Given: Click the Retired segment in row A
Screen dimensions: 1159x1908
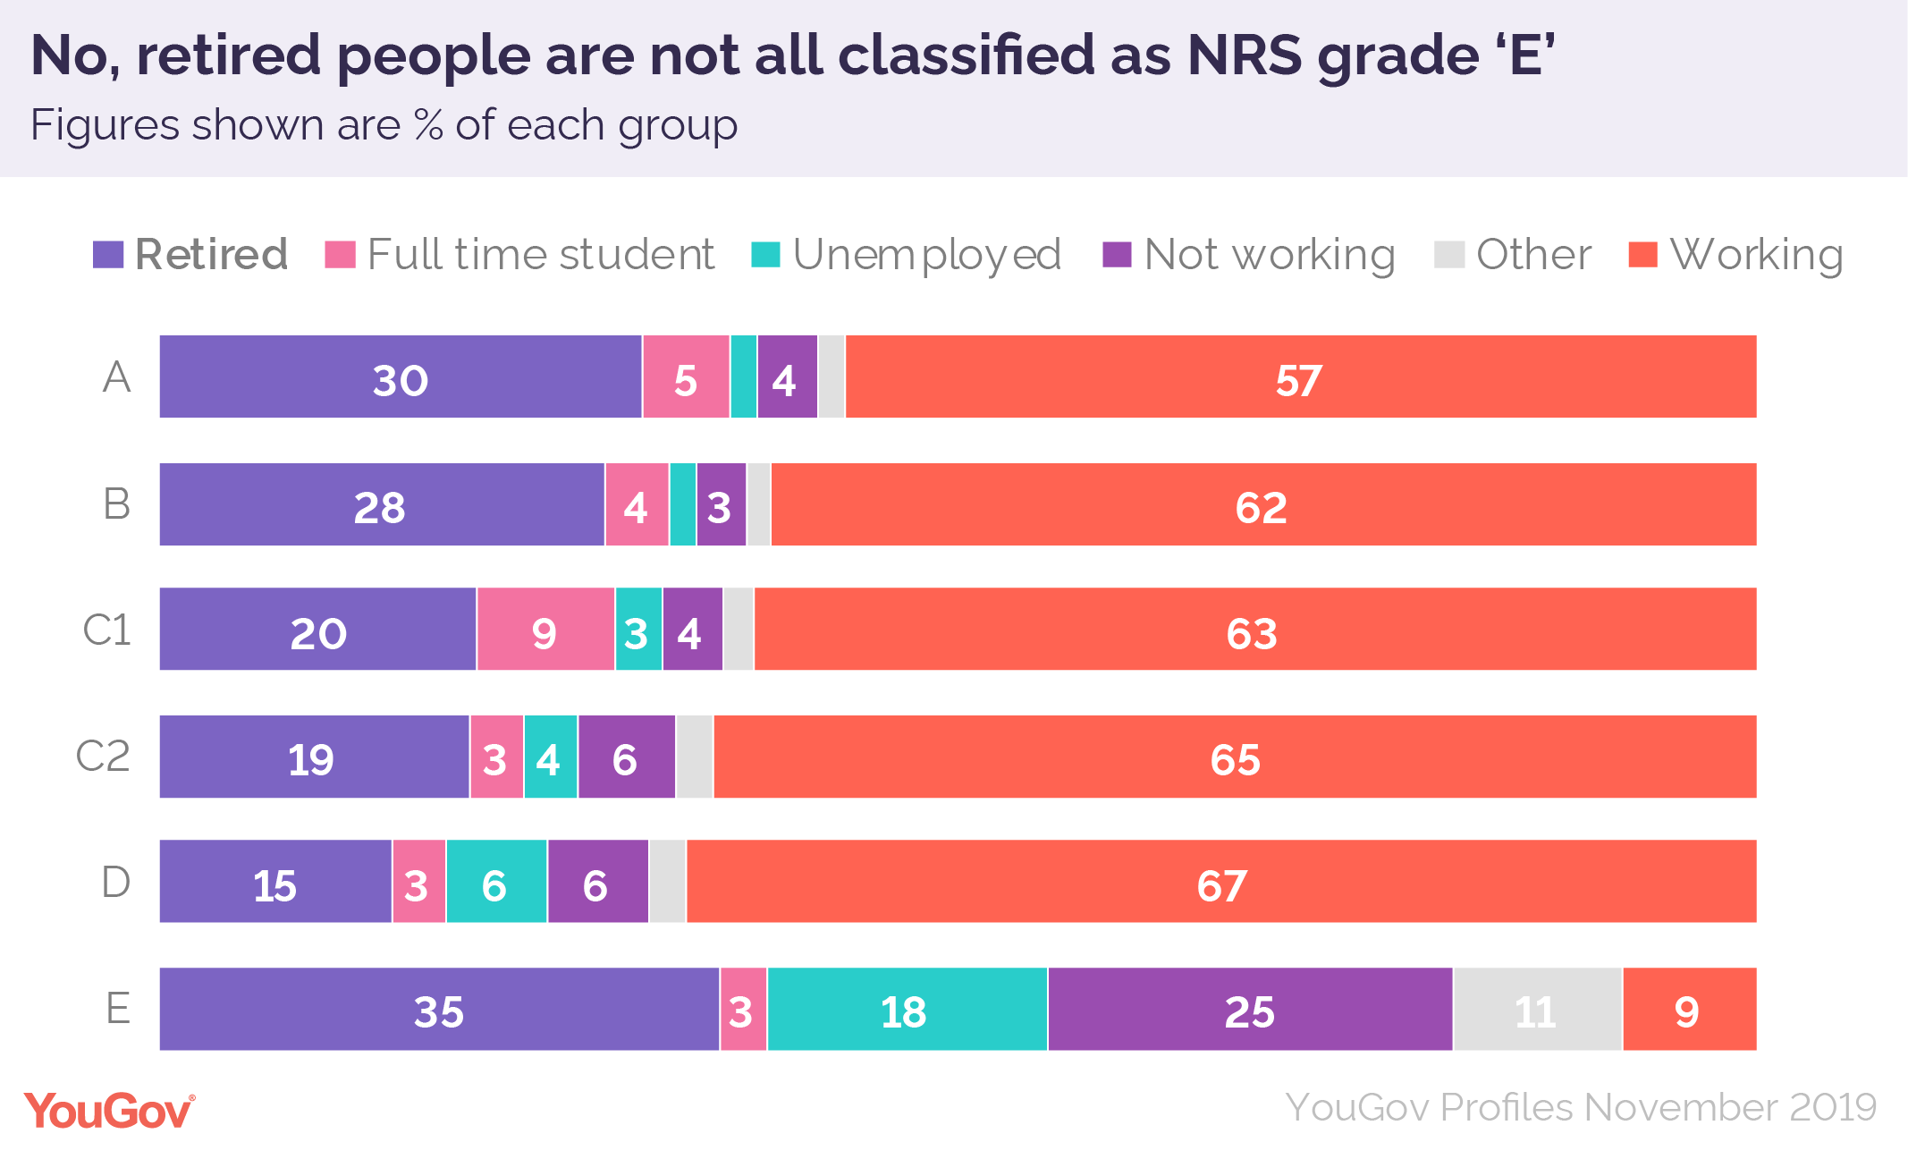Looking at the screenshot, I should coord(401,376).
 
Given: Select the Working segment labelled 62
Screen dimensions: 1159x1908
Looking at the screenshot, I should coord(1262,504).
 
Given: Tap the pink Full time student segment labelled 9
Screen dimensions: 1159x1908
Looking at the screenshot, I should coord(545,630).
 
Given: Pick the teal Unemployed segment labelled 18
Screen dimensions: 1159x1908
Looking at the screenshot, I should coord(907,1009).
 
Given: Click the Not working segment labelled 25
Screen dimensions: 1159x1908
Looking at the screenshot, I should coord(1250,1009).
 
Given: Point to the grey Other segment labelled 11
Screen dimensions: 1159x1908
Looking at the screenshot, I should coord(1537,1009).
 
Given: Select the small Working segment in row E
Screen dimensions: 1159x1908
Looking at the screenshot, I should coord(1689,1009).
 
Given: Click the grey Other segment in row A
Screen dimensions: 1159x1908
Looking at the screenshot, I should coord(832,376).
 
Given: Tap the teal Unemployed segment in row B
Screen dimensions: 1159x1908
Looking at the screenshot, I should coord(682,504).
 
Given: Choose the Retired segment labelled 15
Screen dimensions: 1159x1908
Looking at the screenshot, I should coord(275,882).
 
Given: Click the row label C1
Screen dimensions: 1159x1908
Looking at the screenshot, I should coord(107,630).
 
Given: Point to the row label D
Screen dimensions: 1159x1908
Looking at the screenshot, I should coord(115,882).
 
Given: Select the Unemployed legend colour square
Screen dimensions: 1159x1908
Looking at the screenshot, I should coord(765,255).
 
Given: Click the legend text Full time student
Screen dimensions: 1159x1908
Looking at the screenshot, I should coord(540,255).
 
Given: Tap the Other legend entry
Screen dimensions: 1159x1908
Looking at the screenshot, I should coord(1532,255).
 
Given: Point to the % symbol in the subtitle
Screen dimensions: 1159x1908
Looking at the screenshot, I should coord(428,125).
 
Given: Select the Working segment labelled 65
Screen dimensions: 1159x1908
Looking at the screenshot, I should coord(1235,757).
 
